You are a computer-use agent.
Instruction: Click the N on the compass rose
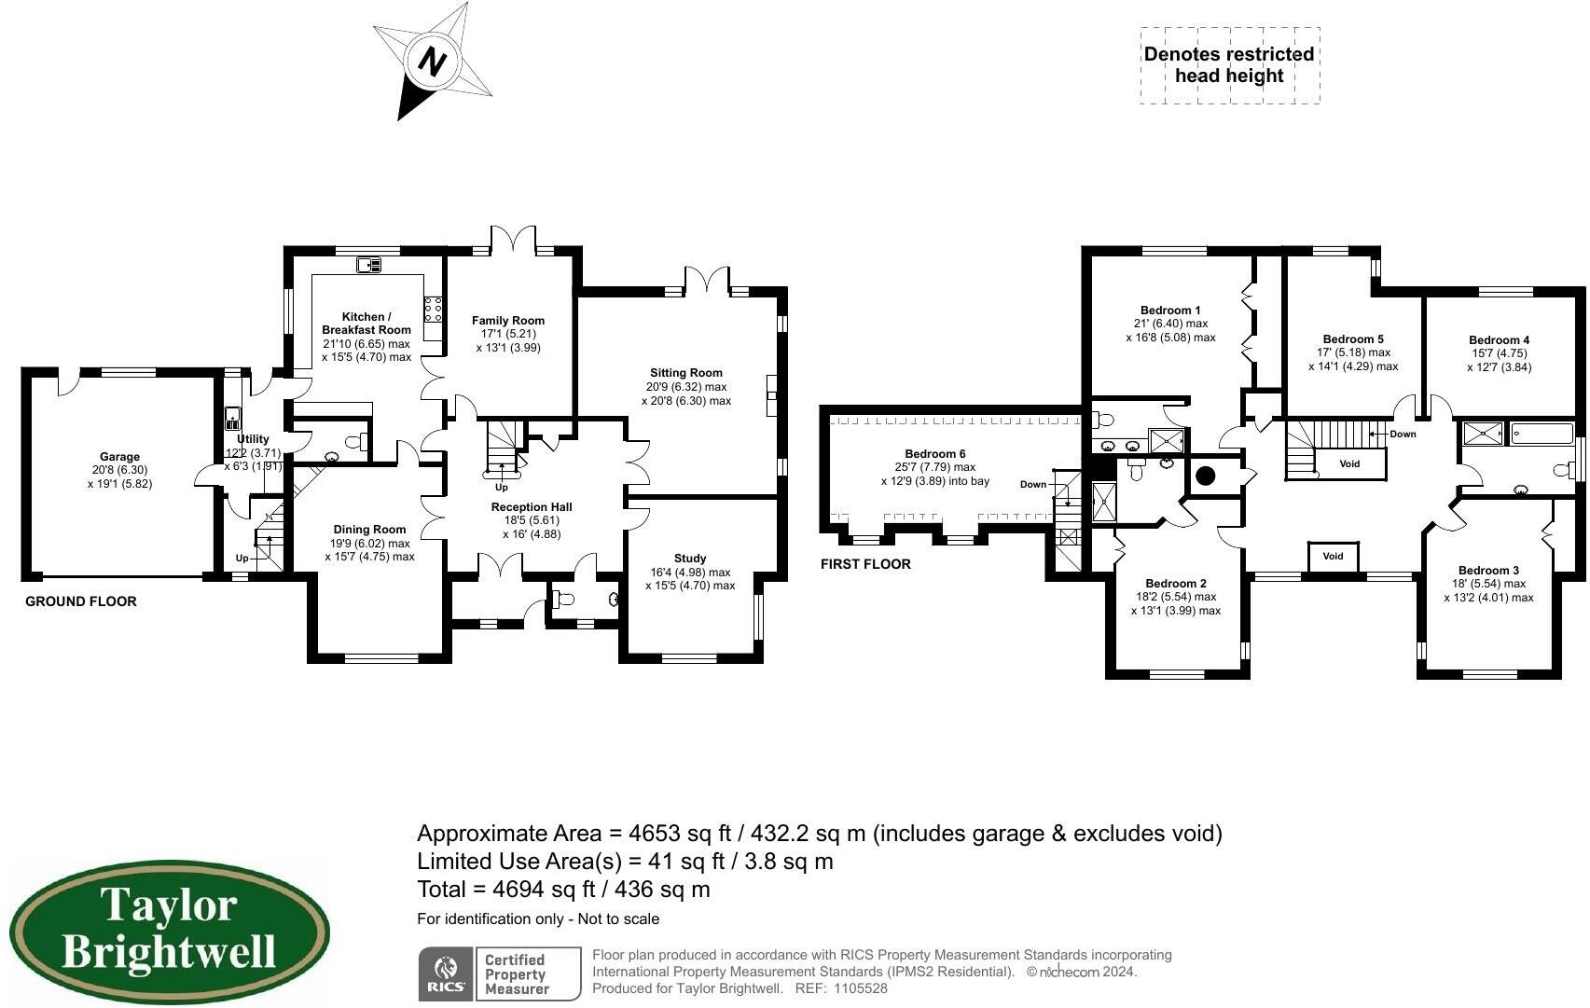point(432,62)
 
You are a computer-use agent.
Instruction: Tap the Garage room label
point(119,456)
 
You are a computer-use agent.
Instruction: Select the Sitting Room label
point(685,373)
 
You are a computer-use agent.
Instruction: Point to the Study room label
point(690,558)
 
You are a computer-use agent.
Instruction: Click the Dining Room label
point(370,529)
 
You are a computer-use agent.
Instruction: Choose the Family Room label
point(508,321)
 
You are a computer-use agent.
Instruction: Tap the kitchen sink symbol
point(369,265)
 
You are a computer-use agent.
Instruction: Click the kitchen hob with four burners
point(433,310)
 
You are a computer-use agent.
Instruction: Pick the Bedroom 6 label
point(934,453)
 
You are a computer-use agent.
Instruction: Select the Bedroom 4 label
point(1500,340)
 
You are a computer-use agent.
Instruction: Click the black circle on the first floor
point(1205,476)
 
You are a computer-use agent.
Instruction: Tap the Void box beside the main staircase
point(1350,463)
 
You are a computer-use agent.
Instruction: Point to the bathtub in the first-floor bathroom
point(1542,433)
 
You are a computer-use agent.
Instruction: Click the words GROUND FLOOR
point(81,601)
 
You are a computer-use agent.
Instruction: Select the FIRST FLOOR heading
point(865,564)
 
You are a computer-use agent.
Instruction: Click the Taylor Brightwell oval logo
point(169,931)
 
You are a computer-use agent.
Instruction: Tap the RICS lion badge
point(446,973)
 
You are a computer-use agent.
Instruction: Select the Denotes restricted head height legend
point(1229,65)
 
